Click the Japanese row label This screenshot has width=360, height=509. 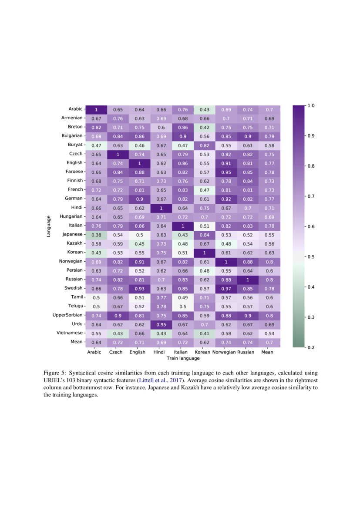pos(72,234)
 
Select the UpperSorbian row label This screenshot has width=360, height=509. pos(69,315)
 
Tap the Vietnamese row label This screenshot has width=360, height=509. pos(70,333)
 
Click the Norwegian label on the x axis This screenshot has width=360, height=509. pos(224,352)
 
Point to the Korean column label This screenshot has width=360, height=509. pos(202,352)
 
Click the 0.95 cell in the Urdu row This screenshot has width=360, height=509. pos(161,324)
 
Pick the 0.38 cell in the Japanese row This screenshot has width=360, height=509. pos(96,234)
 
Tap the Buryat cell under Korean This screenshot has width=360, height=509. pos(204,145)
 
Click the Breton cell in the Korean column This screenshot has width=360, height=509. pos(204,127)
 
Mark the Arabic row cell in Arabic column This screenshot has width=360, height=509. pos(96,109)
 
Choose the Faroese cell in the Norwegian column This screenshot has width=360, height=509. pos(226,172)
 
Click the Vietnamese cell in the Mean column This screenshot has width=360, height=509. pos(270,333)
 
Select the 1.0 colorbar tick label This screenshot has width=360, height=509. pos(312,106)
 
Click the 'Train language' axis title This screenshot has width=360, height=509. pos(183,358)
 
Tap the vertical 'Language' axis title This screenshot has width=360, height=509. pos(49,226)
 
